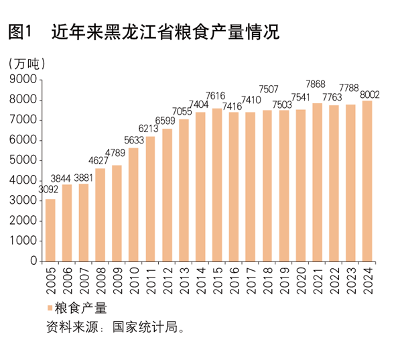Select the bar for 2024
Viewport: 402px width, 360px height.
click(366, 181)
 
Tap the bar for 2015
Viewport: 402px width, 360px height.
click(217, 184)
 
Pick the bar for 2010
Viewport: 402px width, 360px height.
click(134, 204)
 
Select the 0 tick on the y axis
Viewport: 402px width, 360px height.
click(33, 261)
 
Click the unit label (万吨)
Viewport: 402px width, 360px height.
click(27, 64)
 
